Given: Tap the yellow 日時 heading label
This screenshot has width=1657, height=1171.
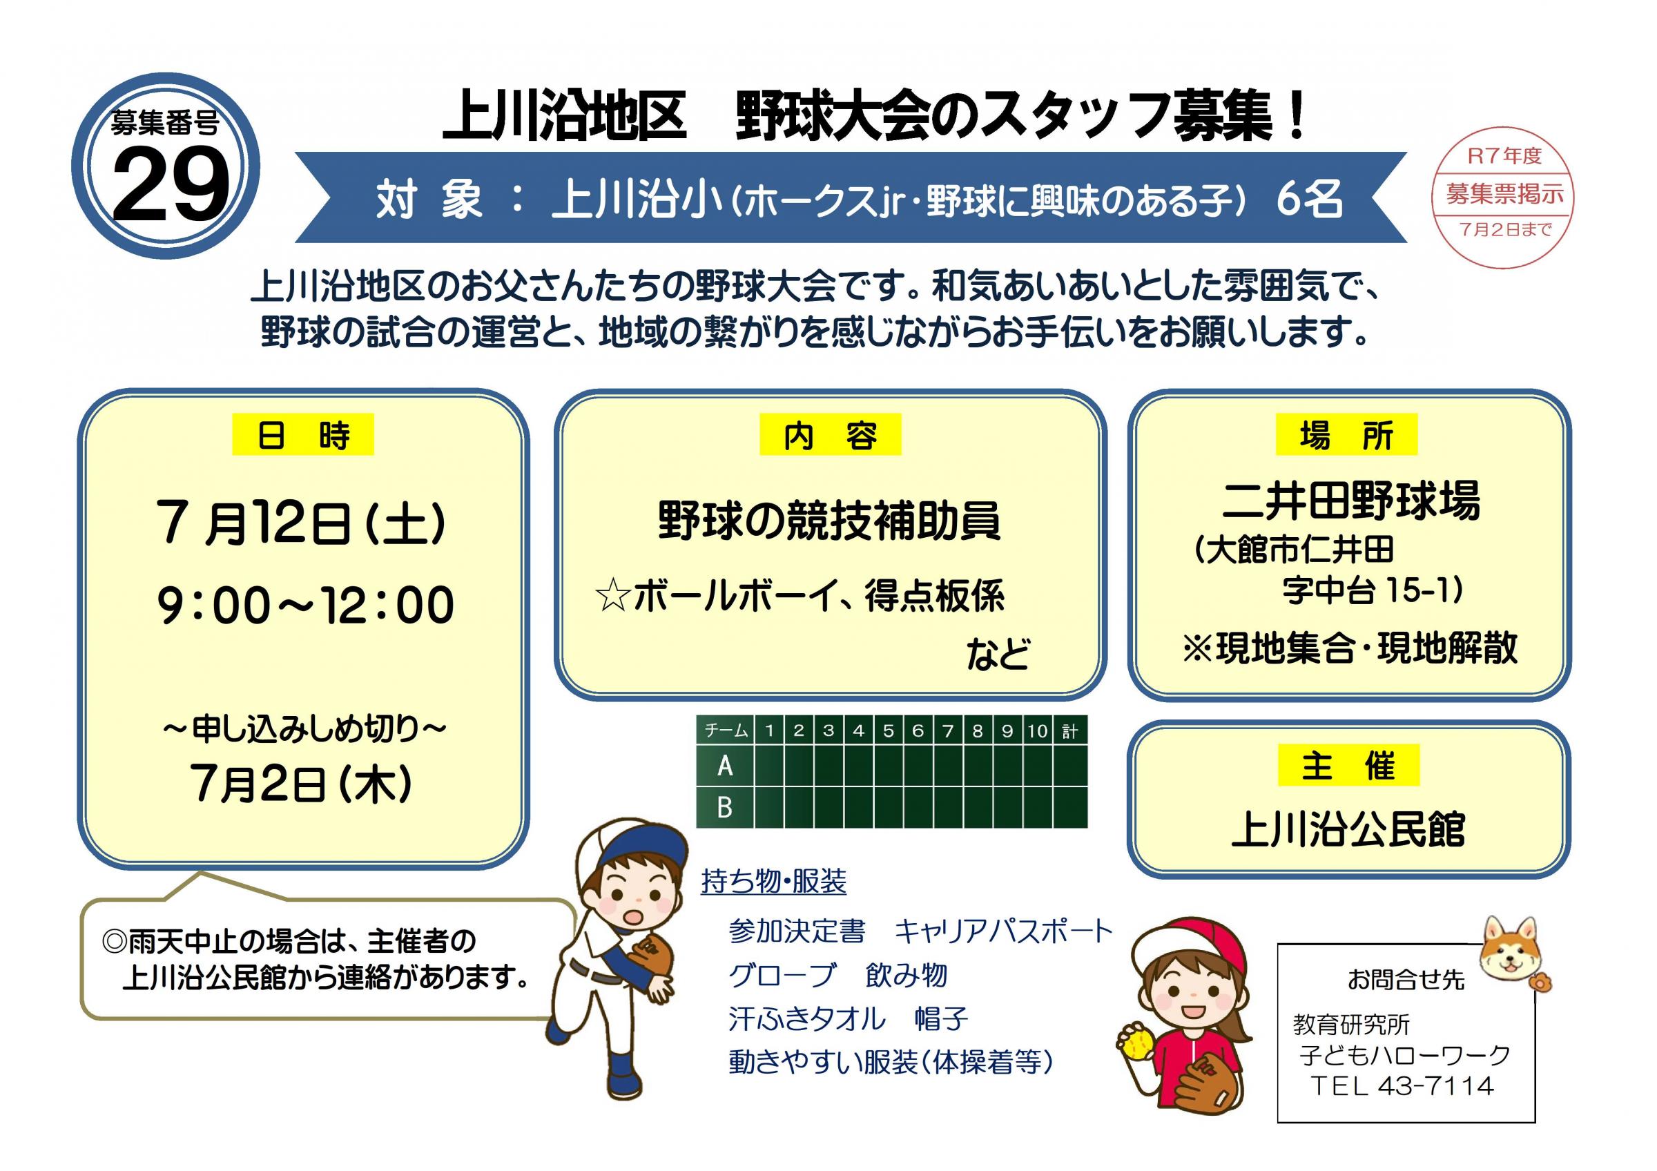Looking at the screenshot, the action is [302, 434].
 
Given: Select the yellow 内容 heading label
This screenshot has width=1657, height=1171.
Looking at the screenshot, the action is [830, 434].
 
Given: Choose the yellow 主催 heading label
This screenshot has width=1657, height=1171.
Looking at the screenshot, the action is [1348, 765].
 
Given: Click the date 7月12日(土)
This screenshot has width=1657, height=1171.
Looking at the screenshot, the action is [302, 524].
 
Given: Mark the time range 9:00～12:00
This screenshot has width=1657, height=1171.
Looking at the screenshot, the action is [305, 605].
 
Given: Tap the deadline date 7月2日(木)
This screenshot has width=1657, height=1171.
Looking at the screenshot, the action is [302, 784].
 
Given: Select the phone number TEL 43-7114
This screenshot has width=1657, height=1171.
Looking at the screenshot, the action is [1402, 1086].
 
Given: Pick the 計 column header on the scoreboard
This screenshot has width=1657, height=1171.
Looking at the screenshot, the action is [1069, 731].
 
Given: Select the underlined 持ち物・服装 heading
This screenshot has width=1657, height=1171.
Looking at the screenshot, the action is [774, 881].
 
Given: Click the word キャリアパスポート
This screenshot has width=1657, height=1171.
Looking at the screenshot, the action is [1004, 931].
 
